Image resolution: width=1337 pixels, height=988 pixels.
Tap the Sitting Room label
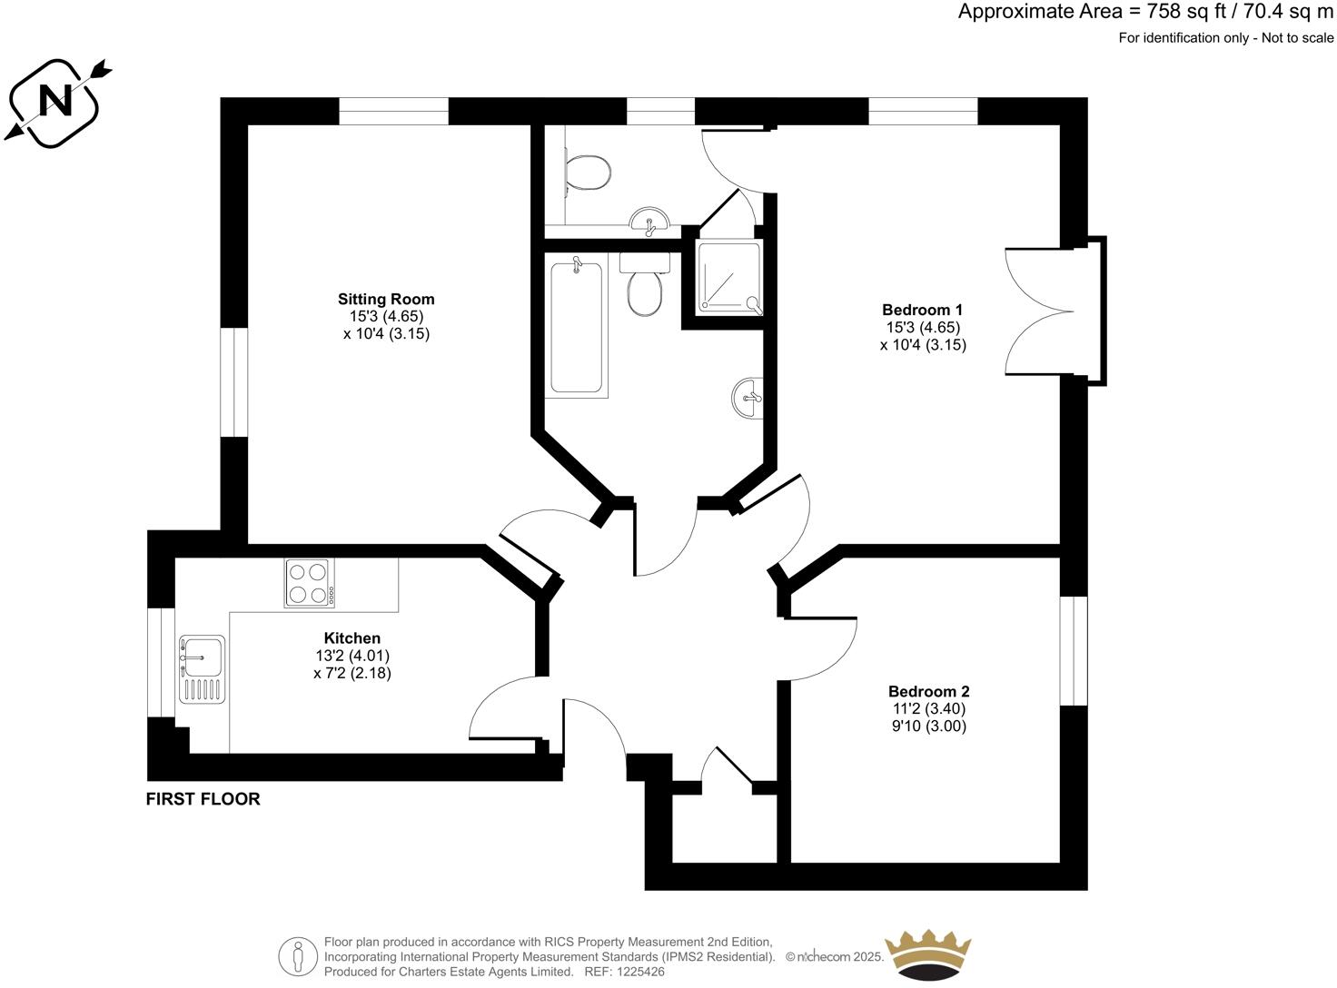pyautogui.click(x=386, y=299)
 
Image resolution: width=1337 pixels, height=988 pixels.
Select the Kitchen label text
pyautogui.click(x=352, y=638)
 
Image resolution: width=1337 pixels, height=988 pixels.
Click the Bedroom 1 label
pyautogui.click(x=923, y=310)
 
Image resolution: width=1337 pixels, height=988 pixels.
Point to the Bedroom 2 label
pyautogui.click(x=928, y=692)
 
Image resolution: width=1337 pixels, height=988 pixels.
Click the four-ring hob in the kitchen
pyautogui.click(x=309, y=583)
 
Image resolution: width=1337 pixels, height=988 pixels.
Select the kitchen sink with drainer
pyautogui.click(x=202, y=668)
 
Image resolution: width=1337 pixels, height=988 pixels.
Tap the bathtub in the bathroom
pyautogui.click(x=576, y=326)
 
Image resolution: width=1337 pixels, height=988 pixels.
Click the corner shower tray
pyautogui.click(x=728, y=278)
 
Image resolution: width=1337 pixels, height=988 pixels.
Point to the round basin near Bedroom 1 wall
pyautogui.click(x=748, y=398)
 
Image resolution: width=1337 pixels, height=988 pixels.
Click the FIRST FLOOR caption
pyautogui.click(x=203, y=799)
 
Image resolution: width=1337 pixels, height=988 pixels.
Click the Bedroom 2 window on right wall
pyautogui.click(x=1074, y=650)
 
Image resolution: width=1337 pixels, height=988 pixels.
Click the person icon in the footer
pyautogui.click(x=297, y=957)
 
